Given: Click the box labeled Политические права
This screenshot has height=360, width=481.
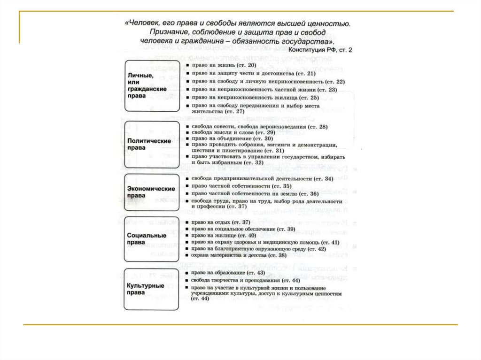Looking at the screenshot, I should (x=152, y=144).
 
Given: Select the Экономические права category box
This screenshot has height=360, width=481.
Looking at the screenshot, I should (x=152, y=192).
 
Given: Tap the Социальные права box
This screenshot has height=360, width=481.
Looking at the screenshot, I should (x=152, y=239).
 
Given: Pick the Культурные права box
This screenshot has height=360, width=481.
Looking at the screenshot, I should (x=152, y=289).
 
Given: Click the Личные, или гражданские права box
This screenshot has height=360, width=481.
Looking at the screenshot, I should (x=152, y=85).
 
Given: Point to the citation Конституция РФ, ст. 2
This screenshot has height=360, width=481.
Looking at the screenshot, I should (x=320, y=49).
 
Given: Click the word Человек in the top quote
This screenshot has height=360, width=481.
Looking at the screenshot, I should (x=144, y=23).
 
